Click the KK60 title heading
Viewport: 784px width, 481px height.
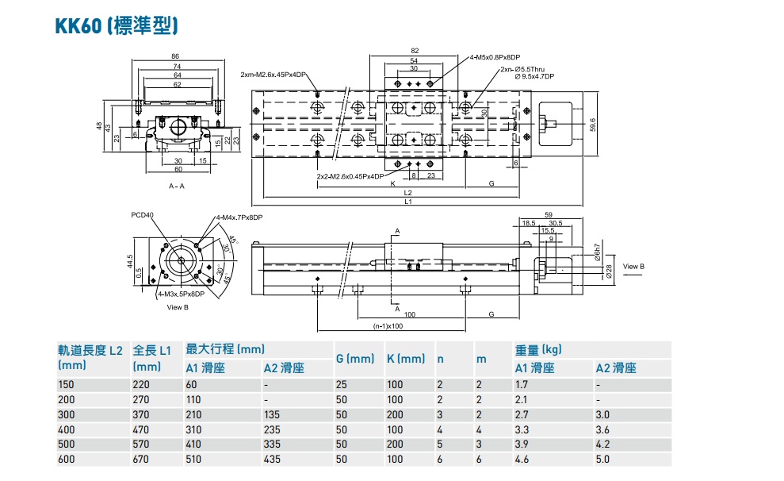point(116,27)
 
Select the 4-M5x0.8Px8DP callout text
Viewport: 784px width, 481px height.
point(494,58)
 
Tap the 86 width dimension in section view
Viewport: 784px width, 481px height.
point(175,56)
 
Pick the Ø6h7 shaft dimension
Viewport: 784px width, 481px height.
point(596,256)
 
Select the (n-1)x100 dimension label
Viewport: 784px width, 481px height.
point(388,325)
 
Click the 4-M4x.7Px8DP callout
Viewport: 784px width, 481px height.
point(239,217)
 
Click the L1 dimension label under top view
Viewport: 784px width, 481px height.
point(407,202)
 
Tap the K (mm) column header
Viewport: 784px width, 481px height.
point(406,359)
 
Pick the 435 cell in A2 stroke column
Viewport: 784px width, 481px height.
point(273,459)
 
